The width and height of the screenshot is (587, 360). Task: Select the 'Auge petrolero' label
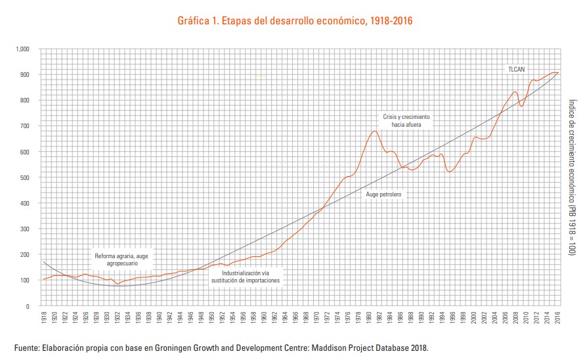[x=383, y=195]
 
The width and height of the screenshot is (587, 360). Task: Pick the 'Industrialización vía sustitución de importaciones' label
[x=246, y=276]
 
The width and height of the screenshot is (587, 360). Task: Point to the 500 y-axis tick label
[x=25, y=178]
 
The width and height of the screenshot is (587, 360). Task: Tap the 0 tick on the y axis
[x=28, y=306]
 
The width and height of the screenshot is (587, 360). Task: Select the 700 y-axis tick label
[x=25, y=126]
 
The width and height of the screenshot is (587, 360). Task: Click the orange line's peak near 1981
[x=374, y=131]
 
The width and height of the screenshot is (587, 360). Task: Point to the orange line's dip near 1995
[x=449, y=171]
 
